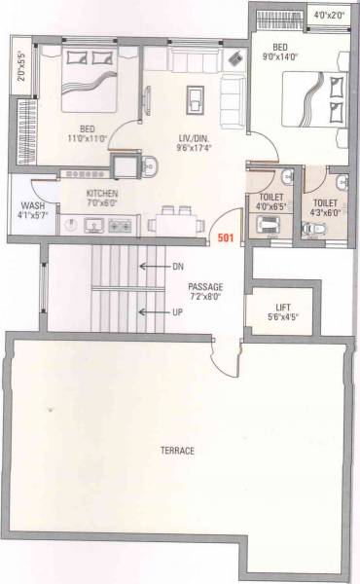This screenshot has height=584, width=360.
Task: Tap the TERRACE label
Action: [178, 451]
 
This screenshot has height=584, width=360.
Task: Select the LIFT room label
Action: [280, 306]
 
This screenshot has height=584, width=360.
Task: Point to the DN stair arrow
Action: [157, 264]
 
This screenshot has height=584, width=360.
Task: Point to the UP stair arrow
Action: [157, 311]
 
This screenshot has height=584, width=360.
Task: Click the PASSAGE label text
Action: [205, 287]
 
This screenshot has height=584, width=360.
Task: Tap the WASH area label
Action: [29, 205]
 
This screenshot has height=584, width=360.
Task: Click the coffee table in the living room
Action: [196, 99]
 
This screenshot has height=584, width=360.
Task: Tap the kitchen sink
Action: [94, 227]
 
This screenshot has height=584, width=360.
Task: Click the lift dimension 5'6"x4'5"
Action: [280, 315]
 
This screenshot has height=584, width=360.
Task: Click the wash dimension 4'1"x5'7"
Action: [29, 216]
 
